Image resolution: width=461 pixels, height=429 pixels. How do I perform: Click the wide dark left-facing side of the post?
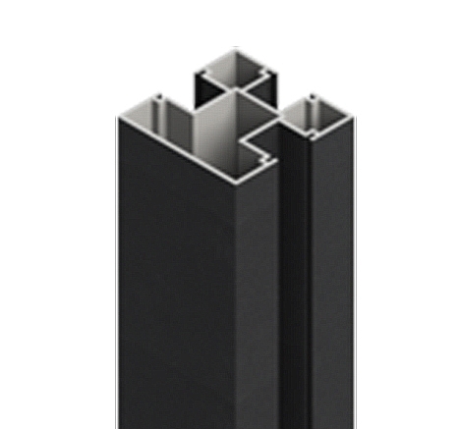[x=172, y=295]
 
